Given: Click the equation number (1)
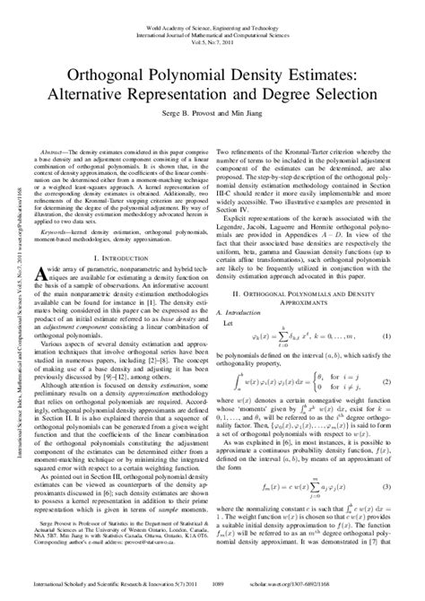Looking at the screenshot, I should tap(386, 335).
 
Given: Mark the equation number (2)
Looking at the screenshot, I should tap(386, 382).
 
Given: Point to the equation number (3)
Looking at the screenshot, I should tap(386, 485).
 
